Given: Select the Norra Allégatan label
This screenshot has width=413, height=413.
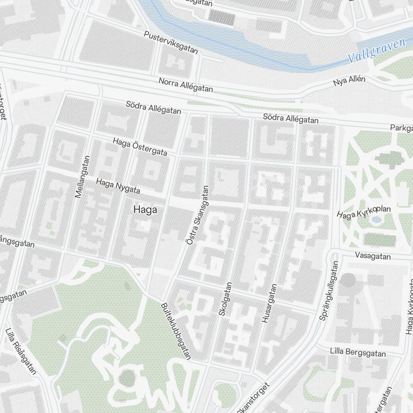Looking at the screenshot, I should (185, 85).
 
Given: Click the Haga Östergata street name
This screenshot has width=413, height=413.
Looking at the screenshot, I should (140, 147).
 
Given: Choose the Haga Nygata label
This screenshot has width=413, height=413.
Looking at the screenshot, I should (118, 186).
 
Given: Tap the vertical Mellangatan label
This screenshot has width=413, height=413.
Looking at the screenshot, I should (83, 176).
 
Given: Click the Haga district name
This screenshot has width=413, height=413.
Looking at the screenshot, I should (145, 210).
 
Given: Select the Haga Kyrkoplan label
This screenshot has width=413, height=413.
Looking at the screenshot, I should (363, 213).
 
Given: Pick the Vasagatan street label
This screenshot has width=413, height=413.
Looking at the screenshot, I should (373, 256).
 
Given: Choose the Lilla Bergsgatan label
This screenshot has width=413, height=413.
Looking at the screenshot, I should (358, 353).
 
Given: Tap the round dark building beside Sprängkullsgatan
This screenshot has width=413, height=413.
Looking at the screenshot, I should (349, 281).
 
